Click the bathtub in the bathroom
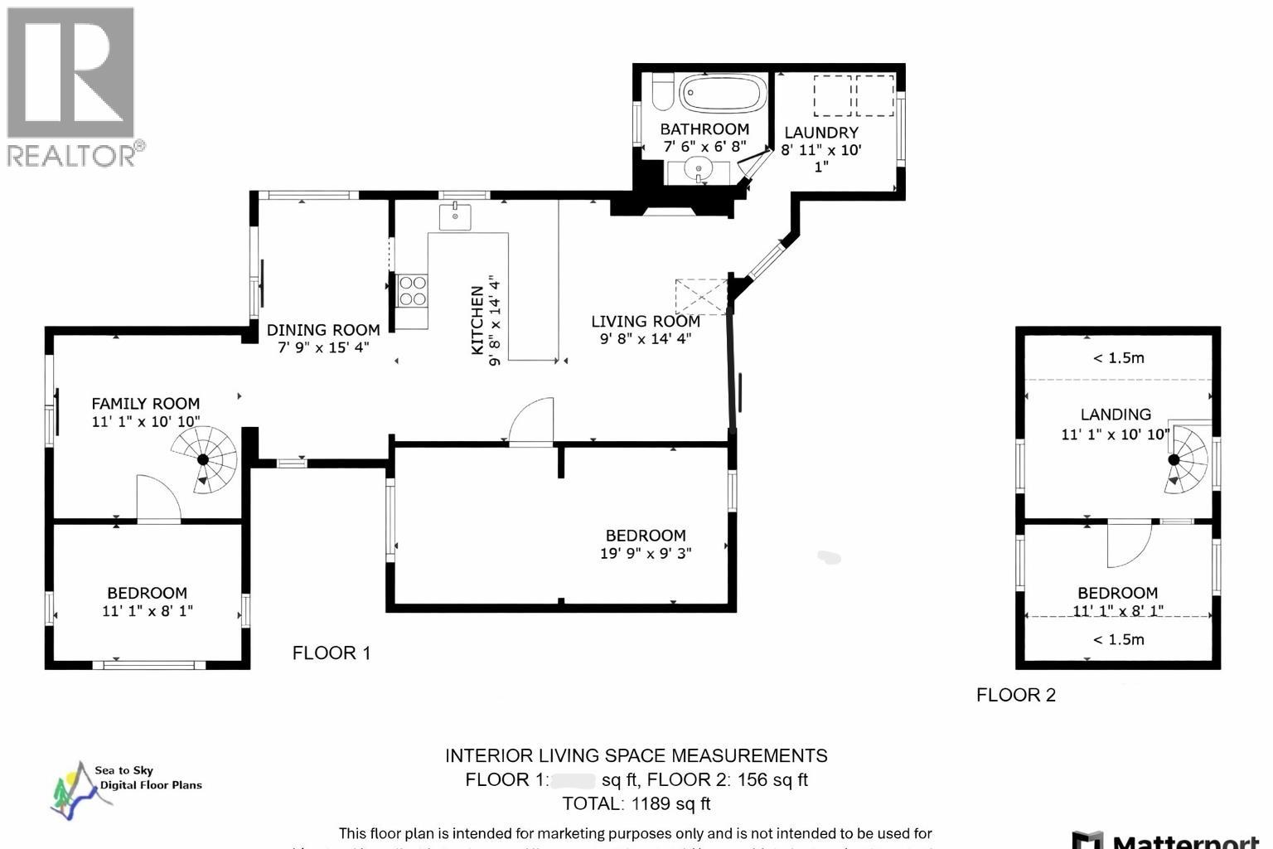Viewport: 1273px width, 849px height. pyautogui.click(x=722, y=93)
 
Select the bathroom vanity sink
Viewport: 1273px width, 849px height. pyautogui.click(x=701, y=172)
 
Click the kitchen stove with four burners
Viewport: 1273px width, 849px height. pyautogui.click(x=412, y=290)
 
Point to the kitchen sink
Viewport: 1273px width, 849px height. pyautogui.click(x=455, y=216)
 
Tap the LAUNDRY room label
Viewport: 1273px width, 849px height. pyautogui.click(x=820, y=133)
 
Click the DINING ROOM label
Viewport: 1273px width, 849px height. pyautogui.click(x=323, y=330)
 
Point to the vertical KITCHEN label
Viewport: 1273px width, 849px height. pyautogui.click(x=477, y=320)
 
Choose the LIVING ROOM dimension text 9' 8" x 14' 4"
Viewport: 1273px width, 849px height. pyautogui.click(x=645, y=338)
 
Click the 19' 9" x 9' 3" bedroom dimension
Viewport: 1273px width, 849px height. pyautogui.click(x=645, y=553)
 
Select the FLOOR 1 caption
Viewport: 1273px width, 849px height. pyautogui.click(x=331, y=653)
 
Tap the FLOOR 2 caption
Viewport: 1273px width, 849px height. pyautogui.click(x=1015, y=695)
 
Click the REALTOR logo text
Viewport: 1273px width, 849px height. pyautogui.click(x=73, y=155)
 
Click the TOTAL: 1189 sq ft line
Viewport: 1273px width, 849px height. pyautogui.click(x=636, y=803)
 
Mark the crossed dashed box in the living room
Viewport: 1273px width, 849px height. pyautogui.click(x=701, y=296)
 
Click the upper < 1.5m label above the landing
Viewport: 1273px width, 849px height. pyautogui.click(x=1117, y=358)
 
